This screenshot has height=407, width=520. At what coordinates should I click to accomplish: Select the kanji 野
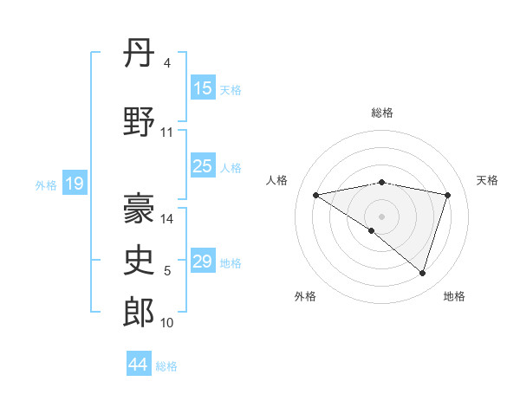[140, 122]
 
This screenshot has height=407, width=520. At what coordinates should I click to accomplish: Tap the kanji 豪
[140, 209]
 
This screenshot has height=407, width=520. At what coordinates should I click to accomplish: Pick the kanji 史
[140, 261]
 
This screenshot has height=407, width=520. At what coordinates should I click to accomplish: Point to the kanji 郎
[140, 313]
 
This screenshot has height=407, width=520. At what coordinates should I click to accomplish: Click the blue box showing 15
[203, 88]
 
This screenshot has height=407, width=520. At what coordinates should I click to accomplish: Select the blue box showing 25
[203, 166]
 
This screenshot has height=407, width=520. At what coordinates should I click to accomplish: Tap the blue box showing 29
[203, 262]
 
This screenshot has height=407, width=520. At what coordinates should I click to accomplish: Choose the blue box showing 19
[74, 184]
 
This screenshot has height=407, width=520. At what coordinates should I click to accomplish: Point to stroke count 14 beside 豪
[167, 219]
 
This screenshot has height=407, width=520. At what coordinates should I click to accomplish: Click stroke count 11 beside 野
[167, 132]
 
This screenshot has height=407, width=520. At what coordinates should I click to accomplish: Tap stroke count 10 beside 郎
[167, 323]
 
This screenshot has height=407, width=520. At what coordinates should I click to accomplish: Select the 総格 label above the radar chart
[382, 113]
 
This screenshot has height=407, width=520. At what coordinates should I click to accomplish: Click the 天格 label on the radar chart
[488, 180]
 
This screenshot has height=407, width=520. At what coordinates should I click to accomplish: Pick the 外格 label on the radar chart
[305, 296]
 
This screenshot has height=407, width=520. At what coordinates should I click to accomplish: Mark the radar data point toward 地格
[423, 274]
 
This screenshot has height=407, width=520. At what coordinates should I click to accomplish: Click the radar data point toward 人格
[316, 195]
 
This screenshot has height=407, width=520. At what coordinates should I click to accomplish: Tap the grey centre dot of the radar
[381, 216]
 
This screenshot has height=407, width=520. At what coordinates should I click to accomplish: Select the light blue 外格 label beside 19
[46, 184]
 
